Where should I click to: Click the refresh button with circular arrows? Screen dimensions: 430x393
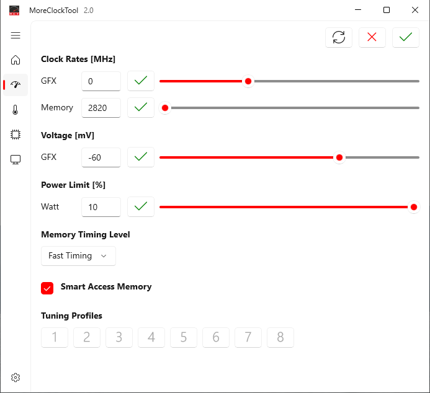tap(339, 37)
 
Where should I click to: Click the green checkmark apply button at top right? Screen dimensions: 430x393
tap(406, 37)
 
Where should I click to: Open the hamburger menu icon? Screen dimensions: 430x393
tap(16, 35)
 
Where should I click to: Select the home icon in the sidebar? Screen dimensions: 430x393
tap(16, 60)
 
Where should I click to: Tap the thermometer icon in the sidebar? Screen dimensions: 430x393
tap(16, 110)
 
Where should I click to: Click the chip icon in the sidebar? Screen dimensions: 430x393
tap(16, 135)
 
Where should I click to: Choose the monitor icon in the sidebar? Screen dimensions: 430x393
tap(16, 159)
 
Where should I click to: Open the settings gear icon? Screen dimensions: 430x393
tap(16, 378)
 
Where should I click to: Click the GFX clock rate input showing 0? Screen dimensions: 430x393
tap(101, 81)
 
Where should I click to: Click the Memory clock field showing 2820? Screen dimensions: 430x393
tap(101, 108)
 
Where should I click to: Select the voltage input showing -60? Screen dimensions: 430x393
tap(101, 157)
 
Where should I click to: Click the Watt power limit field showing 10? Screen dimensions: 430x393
tap(101, 207)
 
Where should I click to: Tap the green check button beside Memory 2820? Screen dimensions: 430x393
tap(141, 108)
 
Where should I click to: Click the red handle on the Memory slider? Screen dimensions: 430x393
tap(165, 108)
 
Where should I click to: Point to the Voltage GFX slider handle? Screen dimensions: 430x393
tap(339, 157)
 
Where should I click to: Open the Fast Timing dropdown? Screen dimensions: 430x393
tap(78, 256)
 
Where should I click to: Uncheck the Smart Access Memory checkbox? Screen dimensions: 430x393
tap(47, 288)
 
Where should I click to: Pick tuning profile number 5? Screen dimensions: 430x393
tap(184, 337)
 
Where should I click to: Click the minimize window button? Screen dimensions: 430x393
tap(358, 10)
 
